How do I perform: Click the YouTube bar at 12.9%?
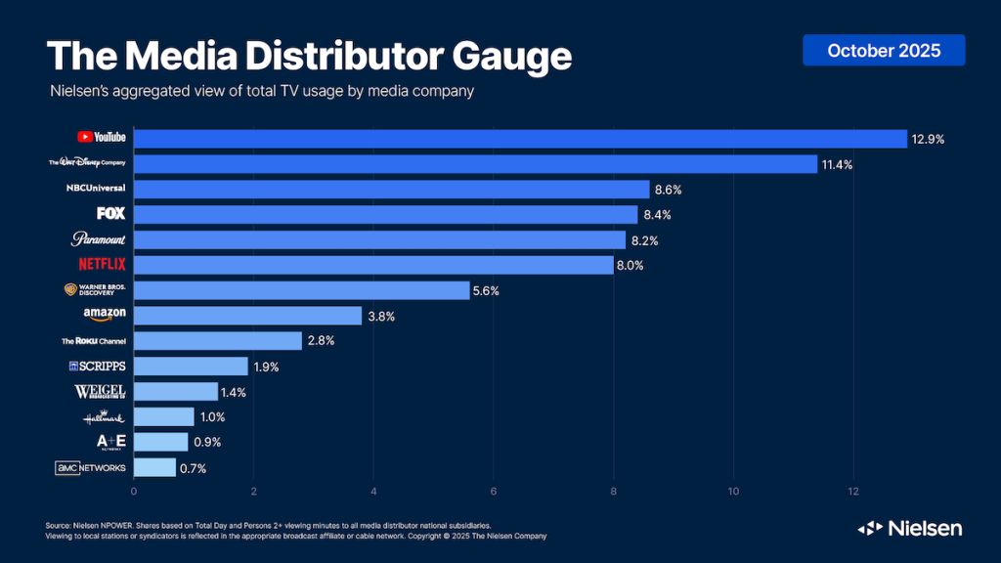(520, 139)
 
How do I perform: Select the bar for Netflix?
(373, 265)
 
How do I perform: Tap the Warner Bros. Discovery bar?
(301, 290)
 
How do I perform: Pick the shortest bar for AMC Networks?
(154, 468)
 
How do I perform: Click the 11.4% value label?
(837, 164)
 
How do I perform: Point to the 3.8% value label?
(381, 316)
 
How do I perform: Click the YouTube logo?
(102, 138)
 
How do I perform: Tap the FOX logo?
(110, 213)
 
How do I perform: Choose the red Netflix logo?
(102, 264)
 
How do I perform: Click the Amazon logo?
(105, 315)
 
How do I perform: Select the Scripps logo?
(97, 367)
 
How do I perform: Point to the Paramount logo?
(99, 238)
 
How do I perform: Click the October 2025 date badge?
(884, 51)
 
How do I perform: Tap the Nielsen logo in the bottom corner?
(910, 529)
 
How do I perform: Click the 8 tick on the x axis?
(614, 491)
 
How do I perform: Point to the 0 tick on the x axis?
(134, 491)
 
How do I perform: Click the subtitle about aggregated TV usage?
(262, 91)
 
